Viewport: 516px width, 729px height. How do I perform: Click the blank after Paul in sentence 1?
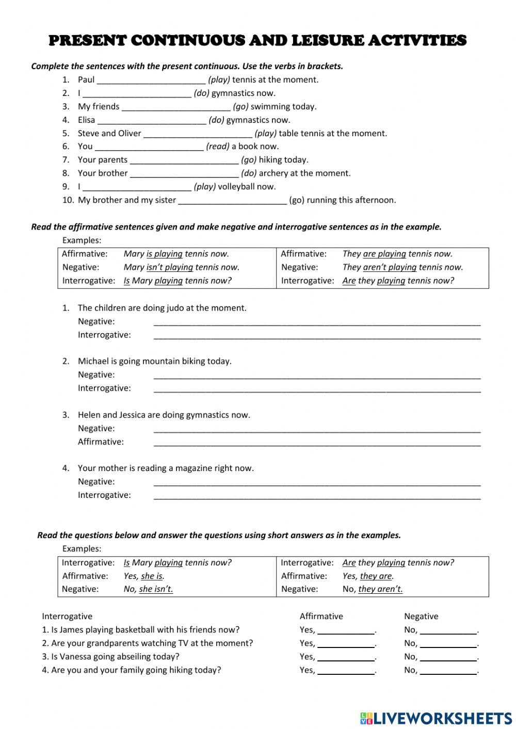coord(151,80)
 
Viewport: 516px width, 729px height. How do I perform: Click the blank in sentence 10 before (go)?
coord(232,201)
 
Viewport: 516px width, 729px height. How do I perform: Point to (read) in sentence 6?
coord(218,147)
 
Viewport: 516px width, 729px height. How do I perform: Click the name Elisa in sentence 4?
coord(86,120)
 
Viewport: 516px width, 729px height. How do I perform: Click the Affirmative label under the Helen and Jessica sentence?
coord(101,442)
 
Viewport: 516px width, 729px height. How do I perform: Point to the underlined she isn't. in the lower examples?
coord(156,589)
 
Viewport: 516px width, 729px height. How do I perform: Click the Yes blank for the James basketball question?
coord(346,630)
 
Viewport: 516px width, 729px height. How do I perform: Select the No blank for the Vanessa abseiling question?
coord(448,657)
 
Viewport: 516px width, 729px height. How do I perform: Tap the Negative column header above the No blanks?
coord(421,617)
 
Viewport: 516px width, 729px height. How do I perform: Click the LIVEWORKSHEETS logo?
coord(436,718)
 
